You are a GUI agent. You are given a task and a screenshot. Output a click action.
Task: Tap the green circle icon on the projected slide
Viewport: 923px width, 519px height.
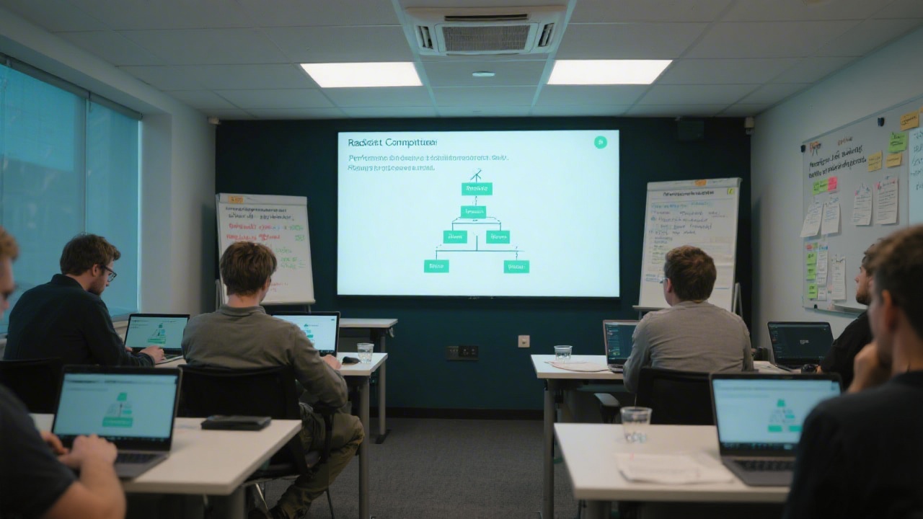point(600,143)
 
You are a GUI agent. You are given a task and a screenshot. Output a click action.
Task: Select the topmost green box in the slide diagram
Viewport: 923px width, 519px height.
point(477,189)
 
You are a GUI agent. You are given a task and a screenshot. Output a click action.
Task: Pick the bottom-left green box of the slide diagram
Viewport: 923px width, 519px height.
point(436,266)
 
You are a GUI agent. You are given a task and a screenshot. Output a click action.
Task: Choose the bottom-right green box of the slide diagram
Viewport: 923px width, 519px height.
point(516,266)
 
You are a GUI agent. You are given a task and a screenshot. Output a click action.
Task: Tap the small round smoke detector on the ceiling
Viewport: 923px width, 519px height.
point(483,74)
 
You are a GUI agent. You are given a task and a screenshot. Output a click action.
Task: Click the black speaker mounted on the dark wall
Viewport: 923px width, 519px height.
point(689,128)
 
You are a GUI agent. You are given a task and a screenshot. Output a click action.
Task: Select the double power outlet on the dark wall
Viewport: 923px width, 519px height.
point(461,352)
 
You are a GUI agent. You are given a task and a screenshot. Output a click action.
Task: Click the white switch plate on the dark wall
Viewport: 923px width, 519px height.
point(524,341)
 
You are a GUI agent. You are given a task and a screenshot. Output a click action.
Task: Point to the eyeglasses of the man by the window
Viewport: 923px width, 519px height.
point(109,272)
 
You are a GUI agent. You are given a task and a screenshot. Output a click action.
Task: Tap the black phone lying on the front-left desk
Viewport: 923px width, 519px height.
point(236,422)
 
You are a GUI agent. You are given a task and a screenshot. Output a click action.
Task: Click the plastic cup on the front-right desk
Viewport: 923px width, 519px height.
point(635,424)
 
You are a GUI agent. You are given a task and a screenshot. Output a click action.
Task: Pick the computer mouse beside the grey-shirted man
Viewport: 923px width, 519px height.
point(350,360)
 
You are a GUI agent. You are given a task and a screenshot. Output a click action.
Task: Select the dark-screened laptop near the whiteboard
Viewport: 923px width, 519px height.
point(800,343)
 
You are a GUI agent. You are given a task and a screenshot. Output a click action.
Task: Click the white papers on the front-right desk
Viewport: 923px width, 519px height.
point(671,468)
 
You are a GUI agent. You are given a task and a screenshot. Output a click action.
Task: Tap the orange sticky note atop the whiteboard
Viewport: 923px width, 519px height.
point(909,120)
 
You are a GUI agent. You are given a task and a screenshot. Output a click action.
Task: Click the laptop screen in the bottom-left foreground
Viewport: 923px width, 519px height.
point(115,406)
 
